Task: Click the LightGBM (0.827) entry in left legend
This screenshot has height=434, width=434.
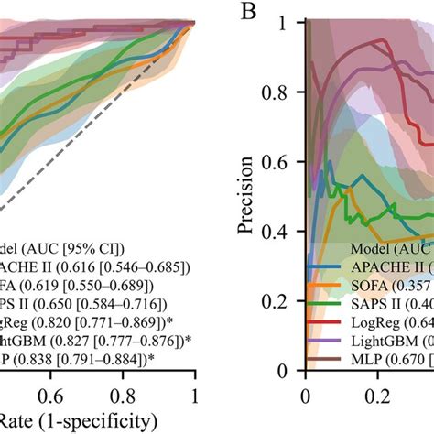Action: click(92, 340)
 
